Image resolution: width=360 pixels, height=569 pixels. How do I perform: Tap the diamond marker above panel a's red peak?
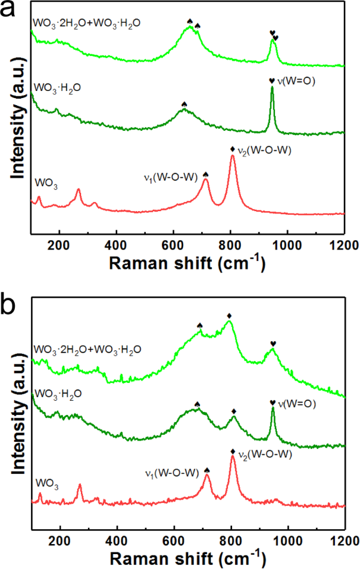(233, 149)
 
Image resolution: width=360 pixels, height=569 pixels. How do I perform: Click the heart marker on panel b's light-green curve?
(273, 344)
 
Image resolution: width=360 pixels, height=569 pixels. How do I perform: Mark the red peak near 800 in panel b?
(233, 458)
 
